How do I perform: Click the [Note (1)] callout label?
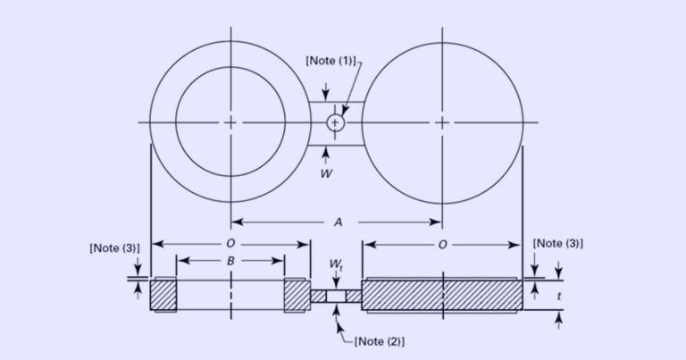coord(330,61)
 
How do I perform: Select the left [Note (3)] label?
coord(114,247)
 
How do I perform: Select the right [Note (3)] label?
coord(557,243)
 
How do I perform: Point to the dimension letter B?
coord(230,260)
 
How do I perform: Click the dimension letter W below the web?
coord(326,173)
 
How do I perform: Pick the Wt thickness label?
coord(335,265)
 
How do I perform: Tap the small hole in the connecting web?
coord(335,122)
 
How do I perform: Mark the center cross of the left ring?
coord(230,121)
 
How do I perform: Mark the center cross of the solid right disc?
coord(442,121)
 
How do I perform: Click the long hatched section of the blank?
coord(441,295)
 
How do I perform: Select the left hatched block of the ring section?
coord(164,295)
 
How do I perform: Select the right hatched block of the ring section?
coord(297,295)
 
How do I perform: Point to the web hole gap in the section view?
coord(335,296)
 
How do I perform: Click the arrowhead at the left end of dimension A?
coord(236,222)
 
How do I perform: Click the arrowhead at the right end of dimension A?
coord(437,222)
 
